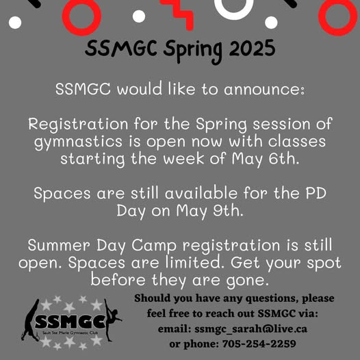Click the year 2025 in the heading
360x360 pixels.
click(x=252, y=48)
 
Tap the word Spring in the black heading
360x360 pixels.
click(x=193, y=51)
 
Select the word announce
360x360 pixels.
click(x=264, y=89)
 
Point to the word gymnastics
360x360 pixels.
click(x=78, y=142)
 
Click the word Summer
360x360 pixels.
click(x=59, y=245)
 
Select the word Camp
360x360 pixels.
click(x=154, y=246)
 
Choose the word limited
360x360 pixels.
click(x=194, y=262)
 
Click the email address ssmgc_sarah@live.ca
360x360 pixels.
click(x=250, y=329)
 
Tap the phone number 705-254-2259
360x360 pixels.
click(x=259, y=344)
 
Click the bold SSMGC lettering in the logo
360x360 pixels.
click(x=70, y=322)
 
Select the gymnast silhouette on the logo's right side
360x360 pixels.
click(x=112, y=320)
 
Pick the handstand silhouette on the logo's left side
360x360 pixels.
click(x=31, y=320)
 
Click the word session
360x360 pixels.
click(x=281, y=124)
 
